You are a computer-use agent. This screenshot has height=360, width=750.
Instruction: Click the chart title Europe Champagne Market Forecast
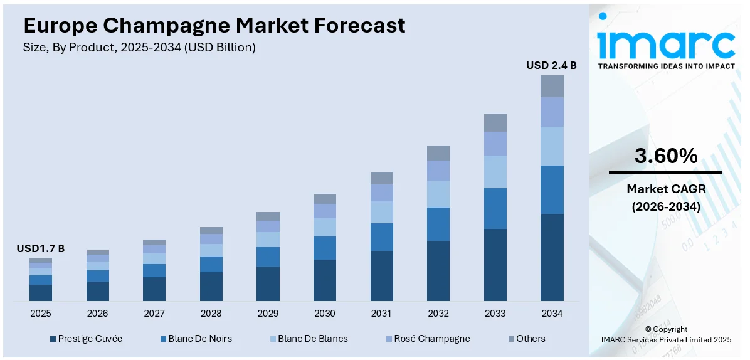coord(214,26)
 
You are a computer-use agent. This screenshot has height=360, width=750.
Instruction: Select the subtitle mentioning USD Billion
coord(140,48)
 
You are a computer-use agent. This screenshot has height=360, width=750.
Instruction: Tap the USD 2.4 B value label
coord(551,65)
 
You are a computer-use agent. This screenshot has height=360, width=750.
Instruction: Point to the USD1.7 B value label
coord(41,249)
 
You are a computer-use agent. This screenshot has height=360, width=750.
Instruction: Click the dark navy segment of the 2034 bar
coord(552,257)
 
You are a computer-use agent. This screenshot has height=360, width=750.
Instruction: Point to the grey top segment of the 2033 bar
coord(495,122)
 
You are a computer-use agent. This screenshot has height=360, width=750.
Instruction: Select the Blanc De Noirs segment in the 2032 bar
coord(438,224)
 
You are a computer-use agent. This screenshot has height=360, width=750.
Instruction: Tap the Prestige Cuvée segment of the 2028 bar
coord(211,287)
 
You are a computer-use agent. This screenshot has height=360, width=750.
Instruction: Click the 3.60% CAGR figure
coord(665,156)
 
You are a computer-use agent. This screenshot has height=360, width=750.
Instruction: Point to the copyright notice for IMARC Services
coord(665,334)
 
